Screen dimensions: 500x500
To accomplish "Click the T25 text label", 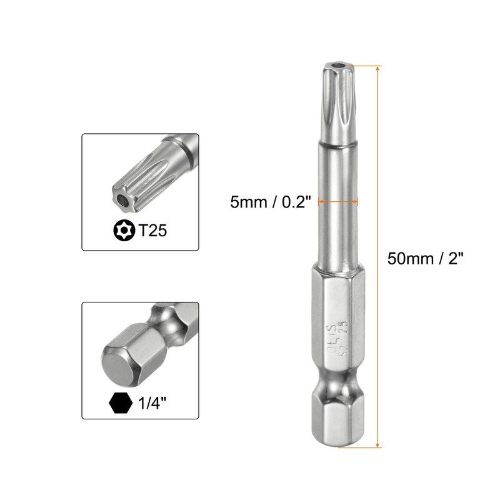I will (x=154, y=231).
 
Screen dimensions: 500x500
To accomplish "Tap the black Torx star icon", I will (x=123, y=231).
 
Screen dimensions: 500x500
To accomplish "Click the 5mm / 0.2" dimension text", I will (x=270, y=201).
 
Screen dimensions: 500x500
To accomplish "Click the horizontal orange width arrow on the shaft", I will (x=339, y=201).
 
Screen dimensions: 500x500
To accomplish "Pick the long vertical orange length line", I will (x=378, y=256).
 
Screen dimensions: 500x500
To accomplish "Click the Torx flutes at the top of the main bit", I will (x=338, y=100).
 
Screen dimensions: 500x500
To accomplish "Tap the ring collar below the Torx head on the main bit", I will (x=338, y=147).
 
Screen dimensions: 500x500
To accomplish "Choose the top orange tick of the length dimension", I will (x=369, y=65).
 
